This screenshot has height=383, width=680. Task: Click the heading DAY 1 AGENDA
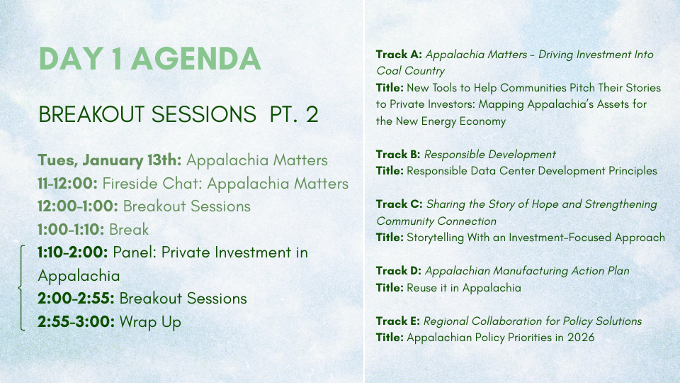[150, 59]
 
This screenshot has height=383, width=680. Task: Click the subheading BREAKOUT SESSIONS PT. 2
[178, 114]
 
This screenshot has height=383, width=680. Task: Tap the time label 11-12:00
[68, 183]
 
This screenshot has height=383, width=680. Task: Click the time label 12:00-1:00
[78, 206]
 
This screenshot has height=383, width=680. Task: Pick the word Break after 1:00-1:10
[129, 229]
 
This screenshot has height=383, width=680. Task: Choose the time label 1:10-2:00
[73, 252]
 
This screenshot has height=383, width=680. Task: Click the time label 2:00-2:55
[76, 299]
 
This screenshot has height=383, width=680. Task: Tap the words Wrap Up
[150, 322]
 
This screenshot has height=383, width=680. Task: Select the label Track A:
[399, 55]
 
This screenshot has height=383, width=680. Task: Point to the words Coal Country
[411, 71]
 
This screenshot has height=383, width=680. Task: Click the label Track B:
[398, 154]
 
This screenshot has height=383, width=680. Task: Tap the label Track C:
[399, 204]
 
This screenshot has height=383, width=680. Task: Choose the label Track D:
[399, 271]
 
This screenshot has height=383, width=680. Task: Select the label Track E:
[397, 321]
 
